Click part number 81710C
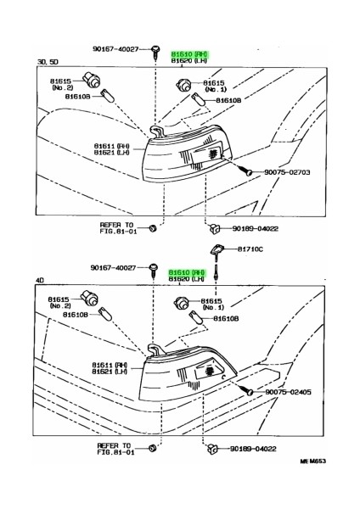point(251,249)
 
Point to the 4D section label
point(41,278)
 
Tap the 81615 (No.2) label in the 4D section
point(59,303)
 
